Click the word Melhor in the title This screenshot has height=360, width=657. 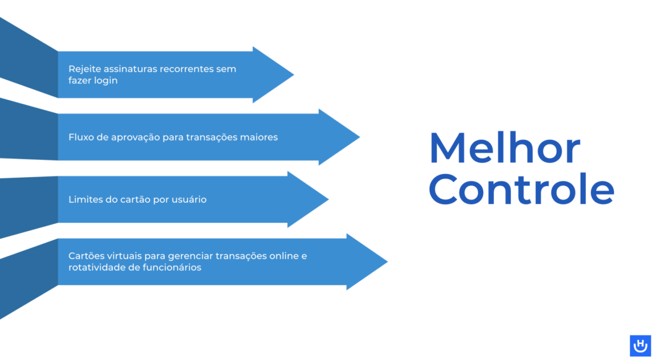(x=504, y=148)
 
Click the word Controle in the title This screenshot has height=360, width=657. (x=522, y=189)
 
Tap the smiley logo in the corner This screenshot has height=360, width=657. (x=640, y=346)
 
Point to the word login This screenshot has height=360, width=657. (x=105, y=81)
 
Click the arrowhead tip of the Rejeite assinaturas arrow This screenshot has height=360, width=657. (x=294, y=75)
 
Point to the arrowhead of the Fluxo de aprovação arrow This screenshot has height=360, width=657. (x=339, y=137)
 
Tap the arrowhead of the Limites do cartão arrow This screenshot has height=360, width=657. (x=308, y=200)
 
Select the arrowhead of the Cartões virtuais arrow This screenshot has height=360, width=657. (x=367, y=262)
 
